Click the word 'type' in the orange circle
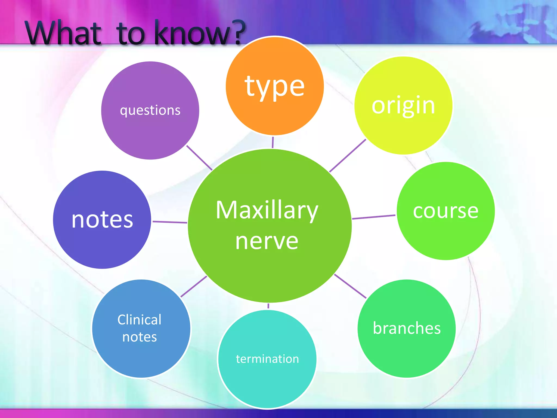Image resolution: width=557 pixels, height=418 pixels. click(x=274, y=87)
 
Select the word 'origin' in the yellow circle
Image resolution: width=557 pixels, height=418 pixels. click(x=403, y=106)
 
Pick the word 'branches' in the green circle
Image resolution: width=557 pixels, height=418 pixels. click(x=407, y=328)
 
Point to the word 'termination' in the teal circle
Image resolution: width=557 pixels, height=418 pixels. click(x=267, y=359)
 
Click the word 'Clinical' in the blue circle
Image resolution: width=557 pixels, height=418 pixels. click(x=140, y=320)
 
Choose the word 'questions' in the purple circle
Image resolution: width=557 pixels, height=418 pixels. click(x=150, y=110)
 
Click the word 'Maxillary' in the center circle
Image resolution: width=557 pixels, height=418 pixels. click(x=267, y=210)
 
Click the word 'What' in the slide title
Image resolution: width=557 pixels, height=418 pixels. click(x=63, y=33)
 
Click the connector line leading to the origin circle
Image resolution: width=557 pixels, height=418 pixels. click(x=348, y=156)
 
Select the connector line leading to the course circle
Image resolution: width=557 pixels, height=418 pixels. click(x=374, y=217)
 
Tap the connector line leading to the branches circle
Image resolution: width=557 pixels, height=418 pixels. click(x=350, y=286)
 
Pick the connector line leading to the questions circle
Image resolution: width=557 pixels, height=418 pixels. click(x=199, y=158)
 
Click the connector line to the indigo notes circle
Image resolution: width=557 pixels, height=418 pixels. click(x=170, y=222)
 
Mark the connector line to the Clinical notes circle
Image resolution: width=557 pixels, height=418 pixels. click(x=194, y=287)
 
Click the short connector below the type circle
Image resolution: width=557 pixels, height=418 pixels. click(x=273, y=142)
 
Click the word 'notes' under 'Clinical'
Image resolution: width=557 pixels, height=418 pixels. click(x=140, y=337)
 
